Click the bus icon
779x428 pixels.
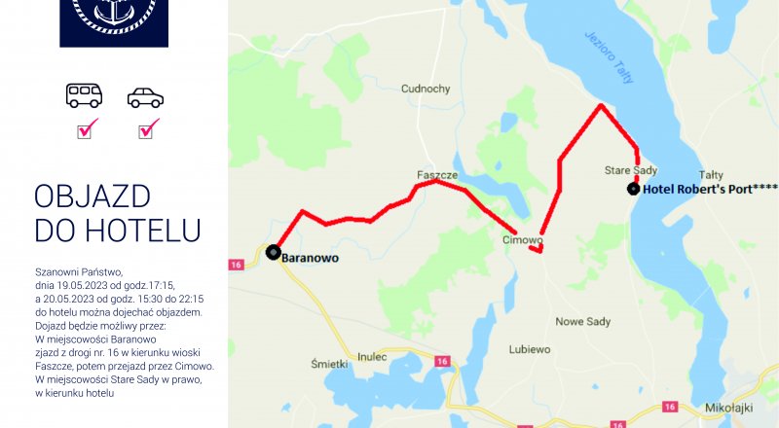(x=84, y=95)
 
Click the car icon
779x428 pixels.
(x=145, y=97)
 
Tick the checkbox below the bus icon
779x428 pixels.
(x=88, y=127)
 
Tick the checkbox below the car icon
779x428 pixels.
(x=148, y=127)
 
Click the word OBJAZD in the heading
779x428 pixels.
(x=93, y=197)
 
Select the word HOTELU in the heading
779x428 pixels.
(x=143, y=231)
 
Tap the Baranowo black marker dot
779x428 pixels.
(x=273, y=252)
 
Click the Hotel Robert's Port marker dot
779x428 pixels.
(x=634, y=189)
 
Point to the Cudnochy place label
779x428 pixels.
(x=426, y=89)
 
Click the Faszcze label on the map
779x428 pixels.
(x=437, y=175)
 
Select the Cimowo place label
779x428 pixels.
(x=522, y=239)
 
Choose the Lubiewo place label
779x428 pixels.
(x=531, y=348)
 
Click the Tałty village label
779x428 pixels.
(x=712, y=175)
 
